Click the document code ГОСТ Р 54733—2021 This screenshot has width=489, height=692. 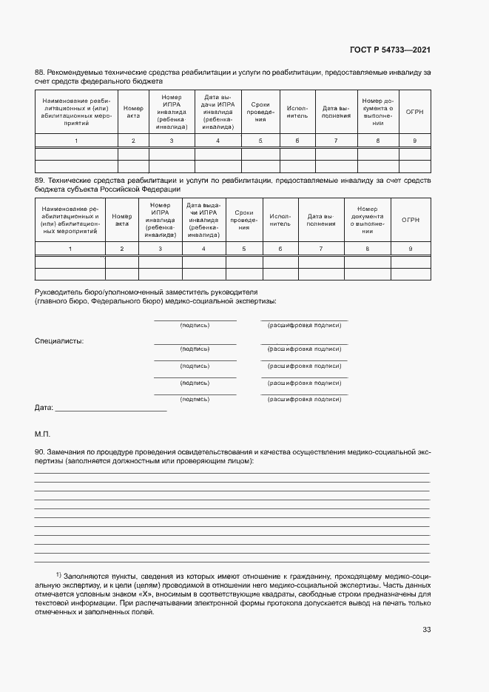click(389, 50)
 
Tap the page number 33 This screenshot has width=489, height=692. click(425, 630)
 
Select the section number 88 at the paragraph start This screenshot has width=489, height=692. click(40, 73)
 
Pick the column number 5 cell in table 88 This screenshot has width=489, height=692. click(260, 141)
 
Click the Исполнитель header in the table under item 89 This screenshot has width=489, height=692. click(280, 219)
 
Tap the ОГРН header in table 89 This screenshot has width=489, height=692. click(411, 219)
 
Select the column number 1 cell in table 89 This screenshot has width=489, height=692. click(70, 249)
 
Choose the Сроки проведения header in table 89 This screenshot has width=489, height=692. click(244, 219)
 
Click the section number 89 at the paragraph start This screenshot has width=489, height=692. click(40, 180)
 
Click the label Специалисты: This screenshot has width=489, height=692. click(59, 341)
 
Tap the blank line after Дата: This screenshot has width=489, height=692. click(111, 409)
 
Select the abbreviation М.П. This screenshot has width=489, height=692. click(42, 431)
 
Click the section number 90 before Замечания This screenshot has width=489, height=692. click(40, 451)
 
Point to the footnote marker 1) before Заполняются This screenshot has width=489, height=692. click(58, 574)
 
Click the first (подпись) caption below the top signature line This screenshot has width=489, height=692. click(195, 326)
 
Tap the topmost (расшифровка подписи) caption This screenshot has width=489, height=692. click(304, 326)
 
